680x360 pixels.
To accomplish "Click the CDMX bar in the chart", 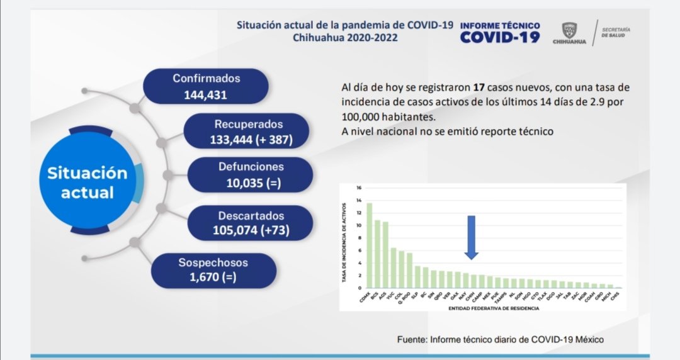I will pyautogui.click(x=369, y=245).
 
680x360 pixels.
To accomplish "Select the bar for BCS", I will pyautogui.click(x=377, y=254).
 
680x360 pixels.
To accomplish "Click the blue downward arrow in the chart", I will pyautogui.click(x=471, y=237).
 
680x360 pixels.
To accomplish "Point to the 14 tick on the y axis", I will pyautogui.click(x=358, y=200).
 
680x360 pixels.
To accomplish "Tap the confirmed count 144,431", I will pyautogui.click(x=206, y=96).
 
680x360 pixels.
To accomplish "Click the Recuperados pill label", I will pyautogui.click(x=248, y=125).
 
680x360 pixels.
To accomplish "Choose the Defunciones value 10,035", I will pyautogui.click(x=251, y=183).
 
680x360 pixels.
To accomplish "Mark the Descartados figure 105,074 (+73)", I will pyautogui.click(x=251, y=230).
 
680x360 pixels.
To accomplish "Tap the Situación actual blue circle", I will pyautogui.click(x=88, y=183).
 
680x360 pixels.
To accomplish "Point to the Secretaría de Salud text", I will pyautogui.click(x=616, y=33).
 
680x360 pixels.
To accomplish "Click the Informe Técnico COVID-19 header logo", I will pyautogui.click(x=500, y=33).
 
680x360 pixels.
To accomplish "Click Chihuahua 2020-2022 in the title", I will pyautogui.click(x=345, y=37).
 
